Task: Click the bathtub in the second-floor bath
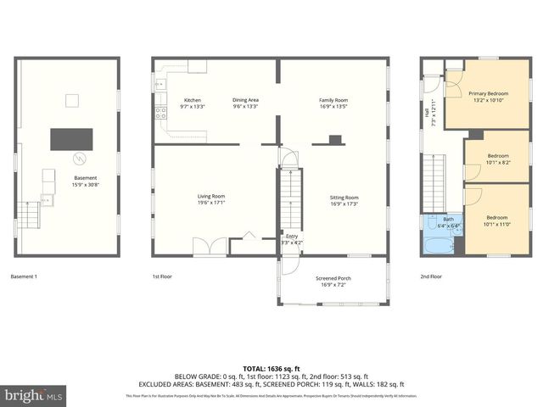tap(437, 246)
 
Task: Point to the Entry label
tap(292, 239)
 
